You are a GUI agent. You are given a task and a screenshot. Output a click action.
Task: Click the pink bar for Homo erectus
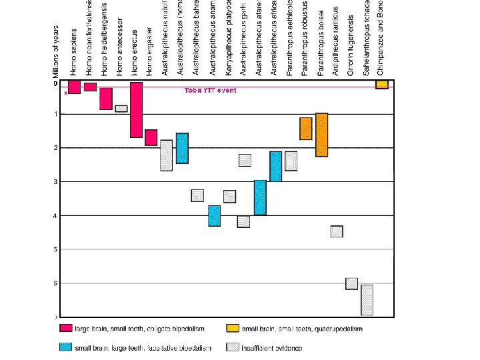[136, 109]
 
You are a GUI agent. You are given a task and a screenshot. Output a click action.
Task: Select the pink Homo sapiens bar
[75, 87]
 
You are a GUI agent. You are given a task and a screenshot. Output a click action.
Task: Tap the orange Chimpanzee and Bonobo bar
[382, 85]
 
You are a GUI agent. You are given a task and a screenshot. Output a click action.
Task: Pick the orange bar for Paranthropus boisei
[321, 135]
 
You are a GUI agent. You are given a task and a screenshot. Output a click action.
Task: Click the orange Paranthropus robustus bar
[306, 129]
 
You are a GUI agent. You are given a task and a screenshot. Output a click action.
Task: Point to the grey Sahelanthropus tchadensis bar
[367, 300]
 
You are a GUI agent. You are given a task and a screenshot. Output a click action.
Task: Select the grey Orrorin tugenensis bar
[352, 283]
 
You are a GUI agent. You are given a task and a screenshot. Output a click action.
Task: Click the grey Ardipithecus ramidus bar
[337, 231]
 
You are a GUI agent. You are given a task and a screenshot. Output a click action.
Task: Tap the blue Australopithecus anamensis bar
[214, 216]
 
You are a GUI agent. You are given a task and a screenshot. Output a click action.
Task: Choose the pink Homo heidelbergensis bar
[106, 99]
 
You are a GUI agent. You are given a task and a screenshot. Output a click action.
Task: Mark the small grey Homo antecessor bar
[121, 109]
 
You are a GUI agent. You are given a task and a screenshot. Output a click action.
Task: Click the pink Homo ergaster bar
[151, 137]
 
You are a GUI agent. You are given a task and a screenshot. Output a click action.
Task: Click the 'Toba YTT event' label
[210, 90]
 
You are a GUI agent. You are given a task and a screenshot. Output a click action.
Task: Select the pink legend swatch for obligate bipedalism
[65, 328]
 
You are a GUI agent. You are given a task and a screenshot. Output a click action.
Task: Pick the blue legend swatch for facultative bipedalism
[65, 347]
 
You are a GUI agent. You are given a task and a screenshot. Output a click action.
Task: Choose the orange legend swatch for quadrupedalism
[233, 328]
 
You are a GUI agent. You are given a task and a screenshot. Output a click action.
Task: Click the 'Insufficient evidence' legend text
[272, 348]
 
